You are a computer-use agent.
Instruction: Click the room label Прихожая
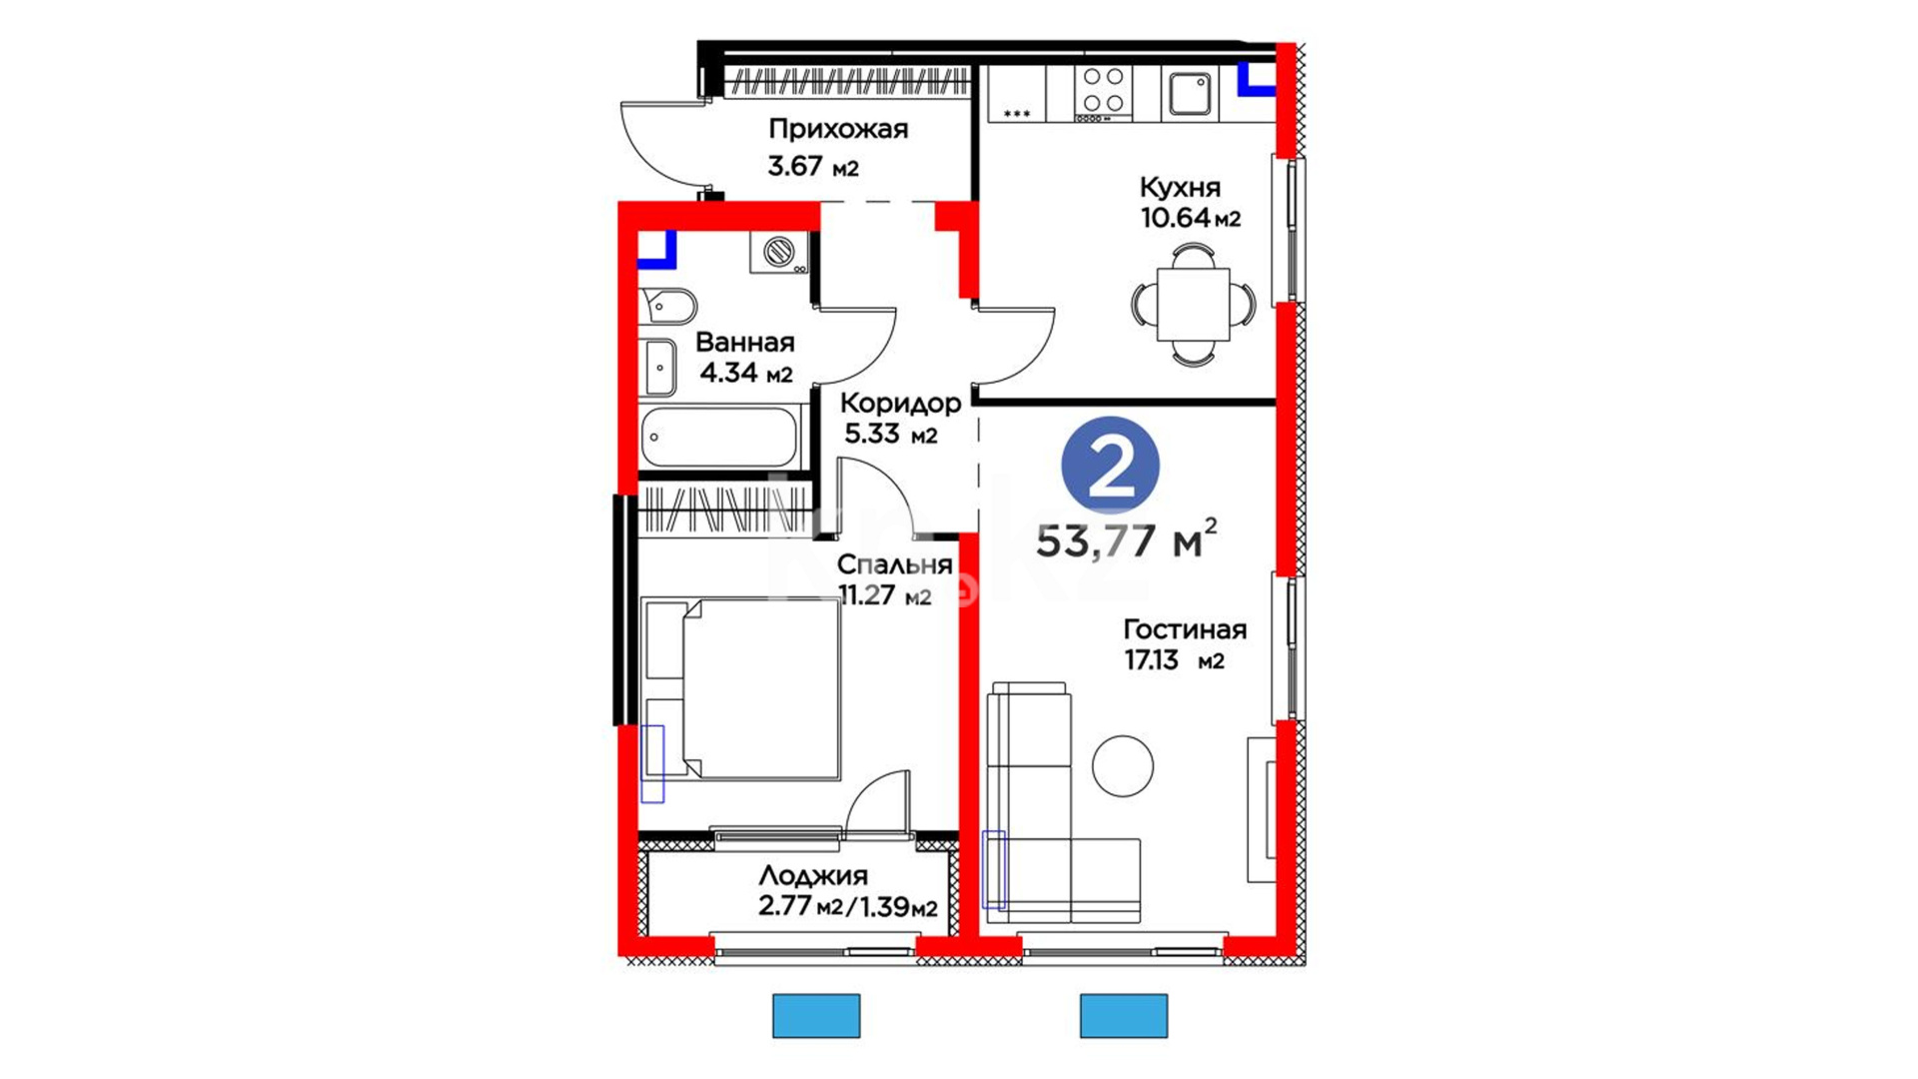point(838,130)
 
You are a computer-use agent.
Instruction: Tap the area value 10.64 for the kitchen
point(1176,218)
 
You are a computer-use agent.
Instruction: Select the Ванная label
point(745,343)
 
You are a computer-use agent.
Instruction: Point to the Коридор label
point(900,403)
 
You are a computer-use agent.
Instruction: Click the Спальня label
point(894,564)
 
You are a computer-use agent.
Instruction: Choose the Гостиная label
point(1185,629)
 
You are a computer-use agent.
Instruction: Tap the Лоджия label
point(813,876)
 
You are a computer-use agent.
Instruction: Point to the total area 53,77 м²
point(1127,539)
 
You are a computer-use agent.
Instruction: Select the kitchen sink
point(1190,94)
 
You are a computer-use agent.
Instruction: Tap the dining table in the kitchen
point(1193,304)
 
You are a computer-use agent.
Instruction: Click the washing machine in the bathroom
point(779,252)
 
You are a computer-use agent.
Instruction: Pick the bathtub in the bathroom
point(719,437)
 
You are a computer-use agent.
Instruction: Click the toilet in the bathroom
point(666,307)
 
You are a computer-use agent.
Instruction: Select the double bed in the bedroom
point(741,689)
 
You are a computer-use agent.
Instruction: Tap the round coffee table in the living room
point(1123,766)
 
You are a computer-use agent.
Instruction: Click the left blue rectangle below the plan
point(816,1016)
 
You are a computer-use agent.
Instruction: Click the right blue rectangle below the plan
point(1124,1016)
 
